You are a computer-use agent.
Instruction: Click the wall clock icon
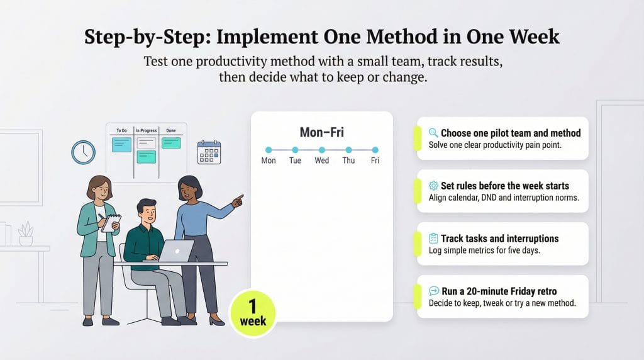(x=83, y=152)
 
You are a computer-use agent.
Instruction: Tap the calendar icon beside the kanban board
(x=209, y=152)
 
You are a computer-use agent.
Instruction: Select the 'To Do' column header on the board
(x=121, y=130)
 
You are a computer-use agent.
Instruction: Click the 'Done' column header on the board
(x=171, y=130)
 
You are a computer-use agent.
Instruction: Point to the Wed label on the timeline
(x=322, y=160)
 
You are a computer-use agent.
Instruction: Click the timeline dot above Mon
(x=269, y=150)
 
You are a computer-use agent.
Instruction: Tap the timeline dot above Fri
(x=375, y=150)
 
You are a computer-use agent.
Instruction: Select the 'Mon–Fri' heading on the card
(x=322, y=133)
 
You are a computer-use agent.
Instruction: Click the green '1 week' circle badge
(x=253, y=313)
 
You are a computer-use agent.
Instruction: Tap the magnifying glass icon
(x=433, y=133)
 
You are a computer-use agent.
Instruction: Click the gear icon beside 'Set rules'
(x=433, y=186)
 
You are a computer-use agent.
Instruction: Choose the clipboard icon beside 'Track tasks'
(x=433, y=239)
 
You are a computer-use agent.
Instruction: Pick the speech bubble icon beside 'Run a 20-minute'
(x=433, y=291)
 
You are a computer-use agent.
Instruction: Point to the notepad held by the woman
(x=111, y=222)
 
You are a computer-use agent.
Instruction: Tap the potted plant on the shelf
(x=26, y=234)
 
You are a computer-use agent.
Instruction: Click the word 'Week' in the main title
(x=528, y=36)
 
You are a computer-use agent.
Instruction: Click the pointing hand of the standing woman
(x=238, y=201)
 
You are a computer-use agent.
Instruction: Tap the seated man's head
(x=147, y=212)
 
